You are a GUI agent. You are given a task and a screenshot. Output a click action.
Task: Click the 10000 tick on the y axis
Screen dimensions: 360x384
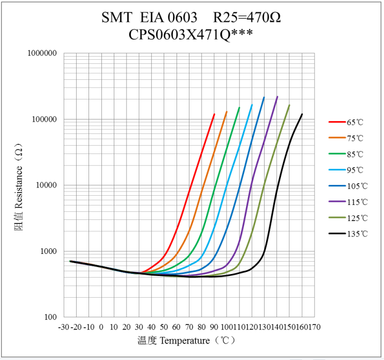coord(45,185)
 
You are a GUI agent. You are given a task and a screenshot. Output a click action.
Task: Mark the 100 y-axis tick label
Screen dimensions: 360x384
coord(49,317)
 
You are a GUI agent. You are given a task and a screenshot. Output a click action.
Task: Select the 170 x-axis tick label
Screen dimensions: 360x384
coord(315,327)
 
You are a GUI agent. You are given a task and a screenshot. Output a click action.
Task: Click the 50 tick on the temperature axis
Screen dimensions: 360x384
coord(164,327)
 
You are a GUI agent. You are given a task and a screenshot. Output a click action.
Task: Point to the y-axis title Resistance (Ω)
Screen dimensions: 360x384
coord(19,186)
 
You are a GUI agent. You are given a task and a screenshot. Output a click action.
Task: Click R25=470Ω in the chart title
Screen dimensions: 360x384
coord(247,18)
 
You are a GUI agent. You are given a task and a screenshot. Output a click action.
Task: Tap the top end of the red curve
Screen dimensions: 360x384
coord(214,114)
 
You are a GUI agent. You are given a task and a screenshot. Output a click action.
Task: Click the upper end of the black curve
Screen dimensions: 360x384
coord(302,114)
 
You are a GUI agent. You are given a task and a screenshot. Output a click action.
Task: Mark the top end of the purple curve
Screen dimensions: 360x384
coord(277,97)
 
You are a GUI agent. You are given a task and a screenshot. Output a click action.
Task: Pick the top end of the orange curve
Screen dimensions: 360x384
coord(226,112)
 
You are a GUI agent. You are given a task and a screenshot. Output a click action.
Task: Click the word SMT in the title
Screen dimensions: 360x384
coord(117,18)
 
